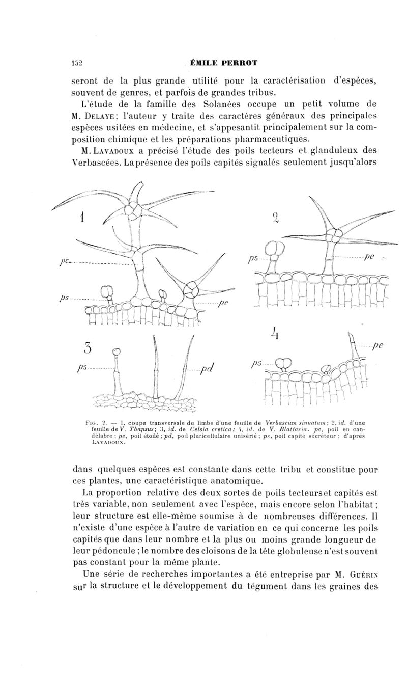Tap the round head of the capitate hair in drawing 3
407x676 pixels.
click(116, 351)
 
